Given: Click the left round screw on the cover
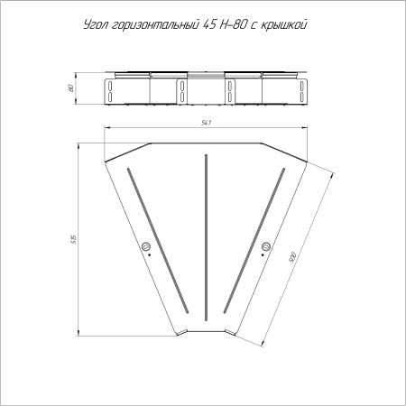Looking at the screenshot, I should [x=146, y=246].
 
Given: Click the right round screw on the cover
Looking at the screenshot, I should [x=265, y=246].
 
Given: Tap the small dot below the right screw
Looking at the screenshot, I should [x=263, y=257].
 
